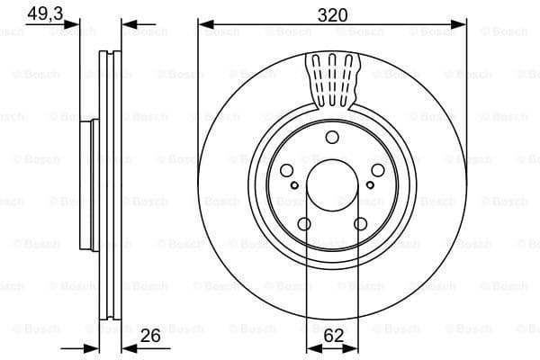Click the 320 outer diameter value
[331, 15]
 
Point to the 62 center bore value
[332, 337]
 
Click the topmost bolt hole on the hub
[332, 137]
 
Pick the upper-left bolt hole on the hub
[286, 171]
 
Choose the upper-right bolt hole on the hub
[377, 171]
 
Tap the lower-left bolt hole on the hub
[304, 224]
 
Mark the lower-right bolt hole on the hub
[360, 224]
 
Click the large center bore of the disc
[332, 189]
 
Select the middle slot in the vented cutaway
[332, 76]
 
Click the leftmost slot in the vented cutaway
[318, 76]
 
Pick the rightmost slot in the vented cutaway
[346, 76]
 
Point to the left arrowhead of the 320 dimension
[203, 25]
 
